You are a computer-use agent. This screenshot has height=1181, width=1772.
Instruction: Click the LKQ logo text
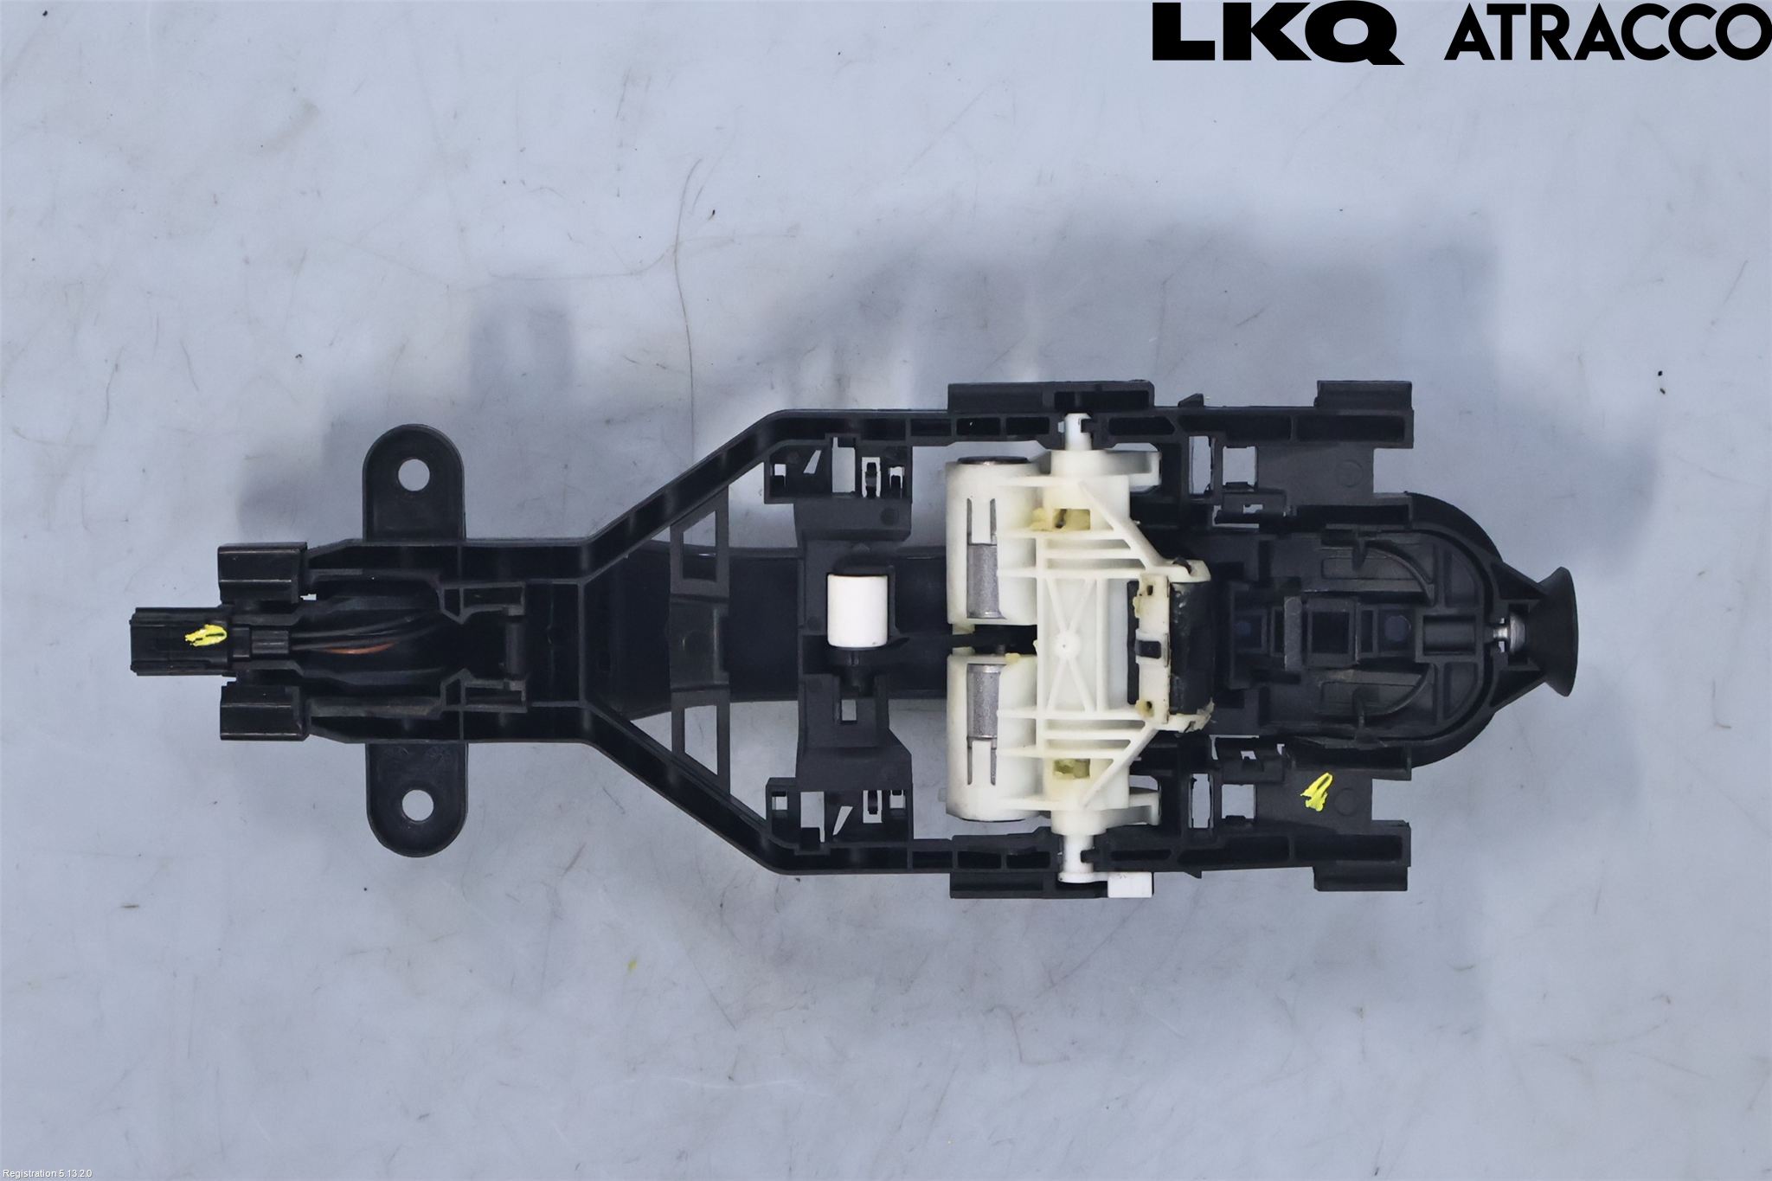click(1277, 33)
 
